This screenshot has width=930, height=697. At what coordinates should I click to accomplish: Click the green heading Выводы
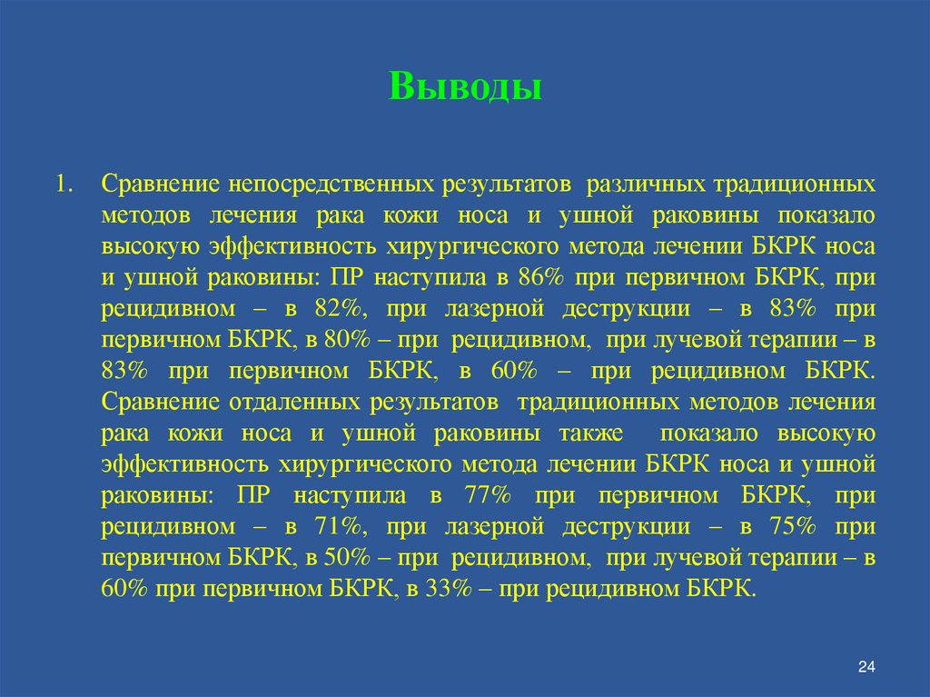[466, 87]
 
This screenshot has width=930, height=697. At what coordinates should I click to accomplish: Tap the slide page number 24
[866, 669]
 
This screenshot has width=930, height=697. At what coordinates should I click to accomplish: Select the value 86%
[539, 278]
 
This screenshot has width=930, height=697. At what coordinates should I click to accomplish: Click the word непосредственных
[329, 184]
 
